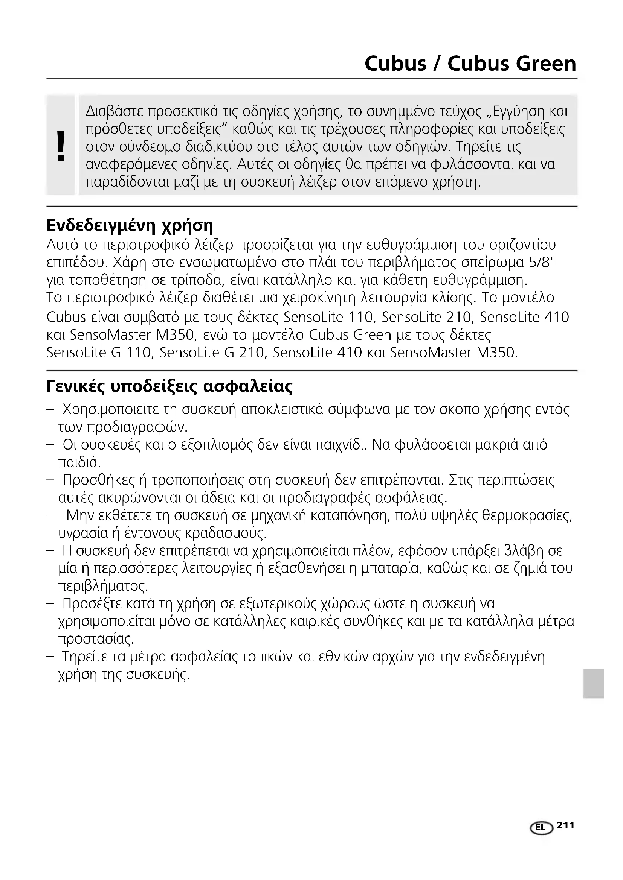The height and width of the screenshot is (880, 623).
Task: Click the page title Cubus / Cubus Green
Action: pos(470,64)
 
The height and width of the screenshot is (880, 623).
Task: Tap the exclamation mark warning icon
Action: pos(60,146)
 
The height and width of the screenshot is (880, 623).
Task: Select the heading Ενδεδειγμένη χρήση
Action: pos(130,225)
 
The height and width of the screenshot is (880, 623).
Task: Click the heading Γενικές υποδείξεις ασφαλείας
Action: pos(169,386)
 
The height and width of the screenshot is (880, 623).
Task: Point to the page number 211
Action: pos(566,825)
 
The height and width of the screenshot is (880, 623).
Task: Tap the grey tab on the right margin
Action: pos(594,683)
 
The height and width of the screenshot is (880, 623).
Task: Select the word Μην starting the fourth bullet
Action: pos(79,515)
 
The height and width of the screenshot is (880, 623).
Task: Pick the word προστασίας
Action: pos(96,639)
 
